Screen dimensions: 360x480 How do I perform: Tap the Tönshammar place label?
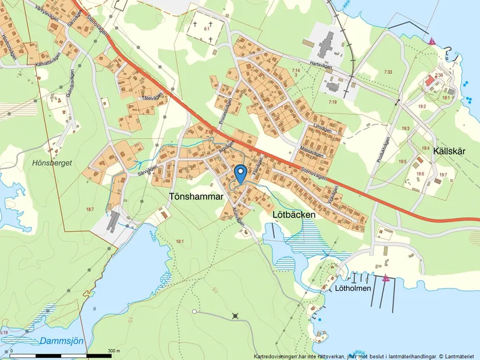196,198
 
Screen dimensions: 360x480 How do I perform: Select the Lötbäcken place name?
294,215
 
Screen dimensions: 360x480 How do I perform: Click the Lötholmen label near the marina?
353,288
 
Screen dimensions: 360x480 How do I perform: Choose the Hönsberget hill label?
53,163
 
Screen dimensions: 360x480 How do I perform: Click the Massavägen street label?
311,152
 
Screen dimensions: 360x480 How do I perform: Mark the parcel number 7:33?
388,72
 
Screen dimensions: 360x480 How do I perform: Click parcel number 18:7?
90,209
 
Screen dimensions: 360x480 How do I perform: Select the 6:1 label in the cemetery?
206,28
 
